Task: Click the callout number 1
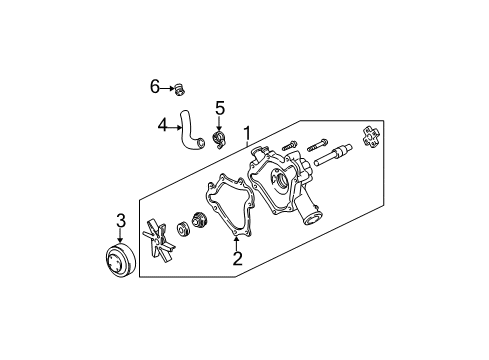[x=245, y=130]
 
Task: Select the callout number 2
[x=237, y=258]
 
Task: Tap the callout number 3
[x=119, y=221]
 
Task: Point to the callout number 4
[x=161, y=125]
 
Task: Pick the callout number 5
[x=220, y=107]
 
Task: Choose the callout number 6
[x=155, y=88]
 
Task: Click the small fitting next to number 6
[x=179, y=88]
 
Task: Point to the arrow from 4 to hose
[x=173, y=125]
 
